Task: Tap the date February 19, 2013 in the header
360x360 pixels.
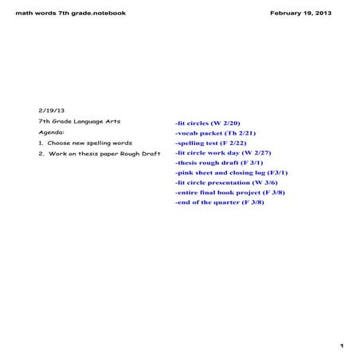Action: (301, 14)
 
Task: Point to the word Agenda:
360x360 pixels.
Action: (52, 131)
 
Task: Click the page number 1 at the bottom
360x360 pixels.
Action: (340, 346)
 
